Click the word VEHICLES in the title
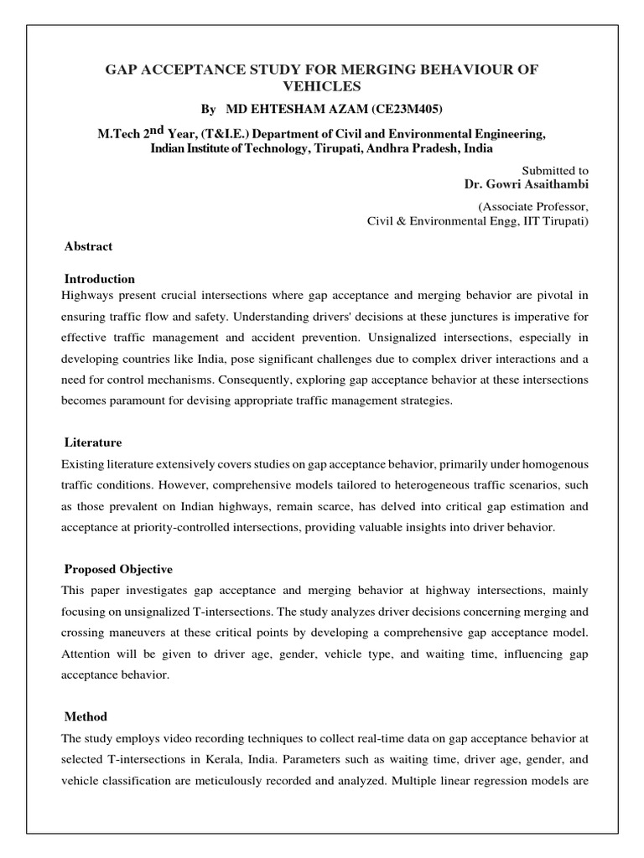click(321, 86)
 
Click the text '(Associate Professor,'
click(533, 206)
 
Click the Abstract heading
click(88, 246)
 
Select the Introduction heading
click(100, 278)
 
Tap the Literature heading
click(93, 442)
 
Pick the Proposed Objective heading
click(118, 545)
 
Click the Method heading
click(86, 693)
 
